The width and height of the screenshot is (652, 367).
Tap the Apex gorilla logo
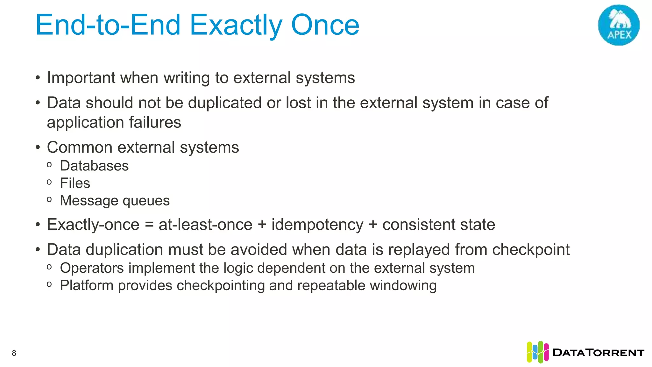click(x=619, y=25)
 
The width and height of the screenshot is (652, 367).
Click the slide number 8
click(x=14, y=353)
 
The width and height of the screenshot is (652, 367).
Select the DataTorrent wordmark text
click(x=599, y=353)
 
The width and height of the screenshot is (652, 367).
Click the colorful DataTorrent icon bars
click(x=537, y=352)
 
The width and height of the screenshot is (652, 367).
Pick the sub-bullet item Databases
click(x=94, y=166)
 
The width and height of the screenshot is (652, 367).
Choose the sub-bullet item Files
click(x=75, y=183)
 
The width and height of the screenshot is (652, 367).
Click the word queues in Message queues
click(x=146, y=201)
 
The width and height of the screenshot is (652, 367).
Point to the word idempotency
click(x=317, y=225)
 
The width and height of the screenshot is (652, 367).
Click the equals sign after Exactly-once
click(x=149, y=225)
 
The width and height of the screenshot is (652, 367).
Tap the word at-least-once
click(x=205, y=225)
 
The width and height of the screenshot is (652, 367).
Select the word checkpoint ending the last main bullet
click(x=531, y=250)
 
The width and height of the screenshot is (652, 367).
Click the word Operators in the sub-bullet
click(x=92, y=268)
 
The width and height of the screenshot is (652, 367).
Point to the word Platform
click(x=87, y=285)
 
